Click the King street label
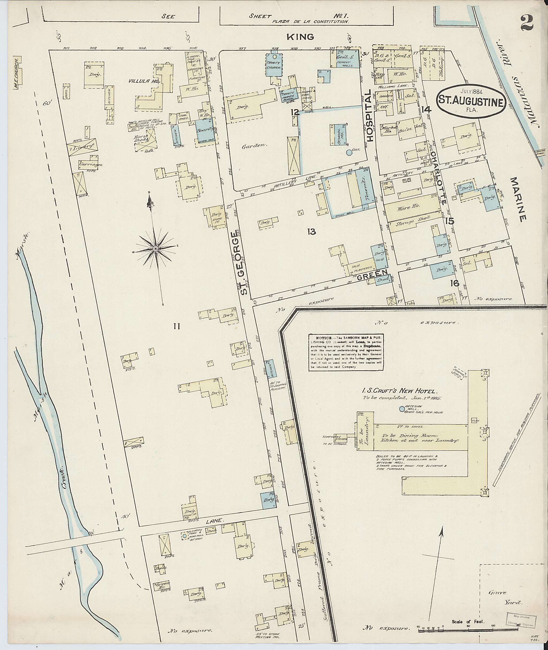[x=300, y=37]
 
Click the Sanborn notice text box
[x=346, y=352]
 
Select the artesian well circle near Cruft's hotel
[x=402, y=409]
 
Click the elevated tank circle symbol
[x=185, y=536]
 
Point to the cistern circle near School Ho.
[x=349, y=153]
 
